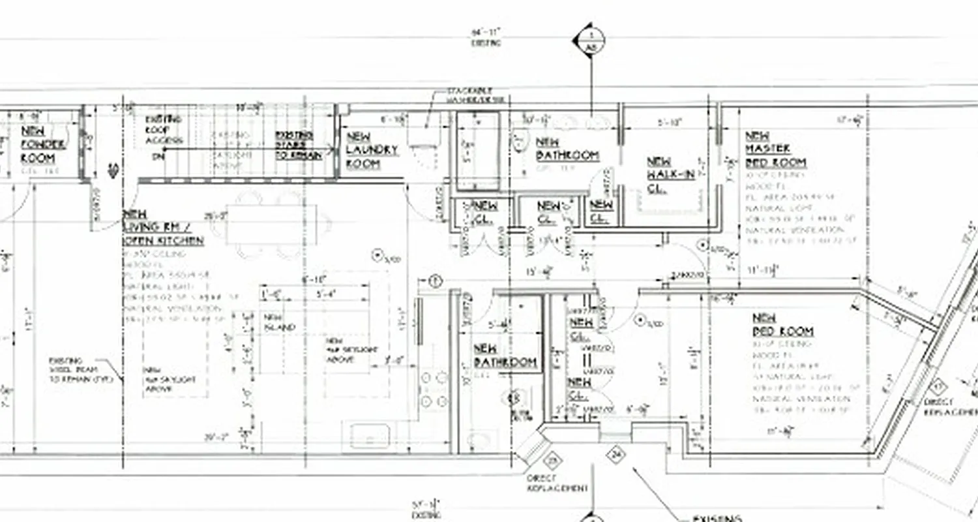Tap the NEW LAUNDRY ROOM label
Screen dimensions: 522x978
(371, 151)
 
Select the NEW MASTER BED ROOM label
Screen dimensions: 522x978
(775, 149)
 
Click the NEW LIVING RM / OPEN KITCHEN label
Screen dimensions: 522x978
(162, 228)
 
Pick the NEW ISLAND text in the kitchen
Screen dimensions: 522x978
(279, 322)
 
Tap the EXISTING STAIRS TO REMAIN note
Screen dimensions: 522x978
(298, 145)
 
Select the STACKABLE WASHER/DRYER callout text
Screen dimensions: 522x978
(475, 95)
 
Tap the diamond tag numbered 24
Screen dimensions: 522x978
(615, 453)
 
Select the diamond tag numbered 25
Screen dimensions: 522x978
(553, 461)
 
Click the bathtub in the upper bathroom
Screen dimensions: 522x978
(477, 151)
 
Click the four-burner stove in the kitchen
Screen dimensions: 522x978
(433, 390)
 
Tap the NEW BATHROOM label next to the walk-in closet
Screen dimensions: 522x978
(567, 149)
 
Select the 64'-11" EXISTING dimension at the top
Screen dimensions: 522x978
(486, 37)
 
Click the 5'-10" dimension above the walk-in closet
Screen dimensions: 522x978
(669, 122)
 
